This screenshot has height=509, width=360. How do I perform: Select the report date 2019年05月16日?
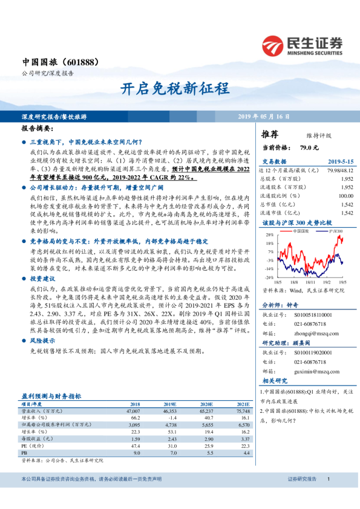(x=263, y=115)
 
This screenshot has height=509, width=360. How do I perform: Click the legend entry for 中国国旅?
(x=301, y=231)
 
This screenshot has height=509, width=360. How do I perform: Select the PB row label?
(x=24, y=452)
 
